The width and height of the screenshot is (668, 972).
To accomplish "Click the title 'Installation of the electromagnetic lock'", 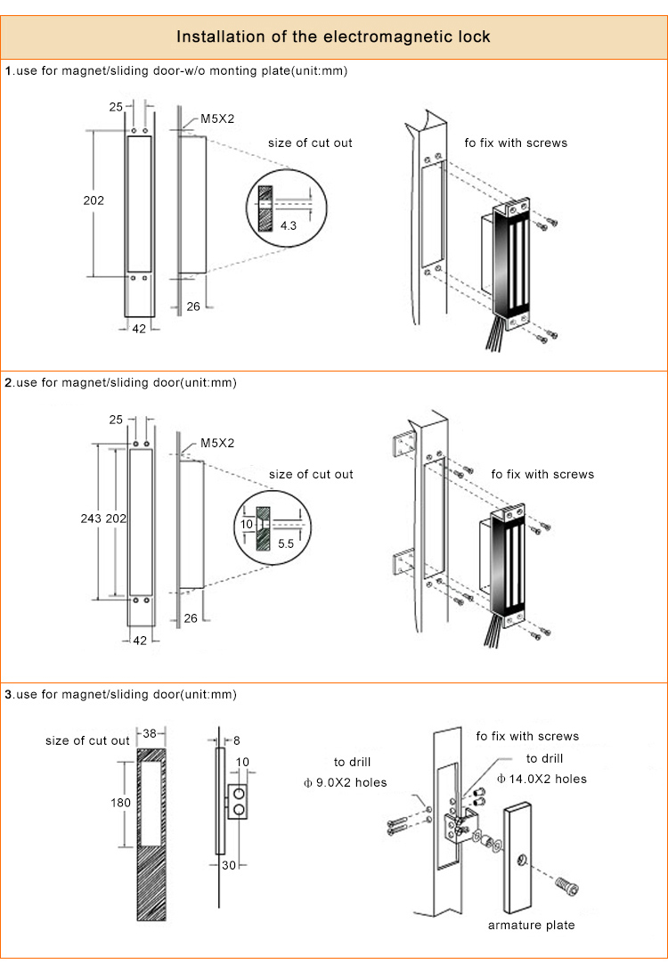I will coord(333,37).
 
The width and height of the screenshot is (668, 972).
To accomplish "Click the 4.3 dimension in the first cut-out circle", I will coord(289,226).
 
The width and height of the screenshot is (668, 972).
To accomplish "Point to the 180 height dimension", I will coord(120,803).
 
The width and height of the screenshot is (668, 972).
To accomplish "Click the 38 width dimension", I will coord(151,733).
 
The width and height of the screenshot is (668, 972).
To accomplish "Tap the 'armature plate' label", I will coord(531,925).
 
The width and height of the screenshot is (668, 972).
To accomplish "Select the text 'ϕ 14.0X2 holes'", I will coord(541,778).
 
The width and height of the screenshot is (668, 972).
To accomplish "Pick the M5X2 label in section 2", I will coord(217,443).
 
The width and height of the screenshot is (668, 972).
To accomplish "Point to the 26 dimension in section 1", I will coord(193,306).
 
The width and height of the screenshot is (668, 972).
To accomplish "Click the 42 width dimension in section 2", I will coord(140,640).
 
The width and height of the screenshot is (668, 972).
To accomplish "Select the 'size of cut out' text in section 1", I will coord(310,143).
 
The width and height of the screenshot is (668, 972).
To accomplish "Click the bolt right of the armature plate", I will coord(566,886).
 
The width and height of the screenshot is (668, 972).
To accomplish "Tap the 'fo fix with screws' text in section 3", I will coord(527,736).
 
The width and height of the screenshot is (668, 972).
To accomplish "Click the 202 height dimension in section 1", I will coord(94,200).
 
